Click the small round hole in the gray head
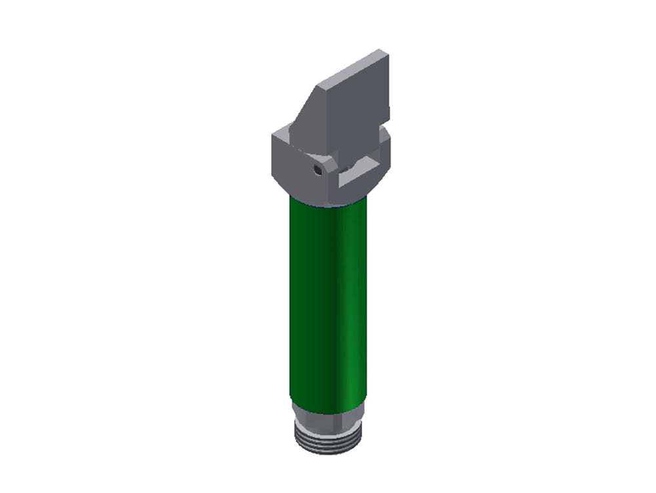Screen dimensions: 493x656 click(x=318, y=170)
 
